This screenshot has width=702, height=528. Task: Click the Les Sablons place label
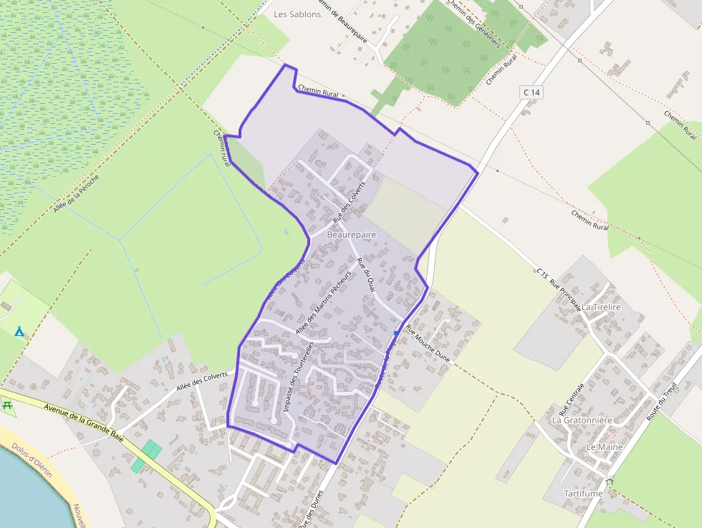coord(297,14)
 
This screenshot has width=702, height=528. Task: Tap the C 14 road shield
coord(531,92)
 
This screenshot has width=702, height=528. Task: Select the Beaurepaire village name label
coord(351,234)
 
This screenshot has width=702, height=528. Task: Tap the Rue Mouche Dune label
coord(427,345)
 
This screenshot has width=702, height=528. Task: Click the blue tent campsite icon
coord(19,332)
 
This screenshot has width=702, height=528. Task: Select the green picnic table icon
coord(9,405)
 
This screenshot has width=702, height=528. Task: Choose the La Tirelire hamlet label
coord(601,307)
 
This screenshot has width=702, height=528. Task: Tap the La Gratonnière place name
coord(582,421)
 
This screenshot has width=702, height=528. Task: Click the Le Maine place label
coord(605,446)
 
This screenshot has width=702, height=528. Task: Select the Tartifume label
coord(583,494)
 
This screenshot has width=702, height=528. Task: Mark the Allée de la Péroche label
coord(76,193)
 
